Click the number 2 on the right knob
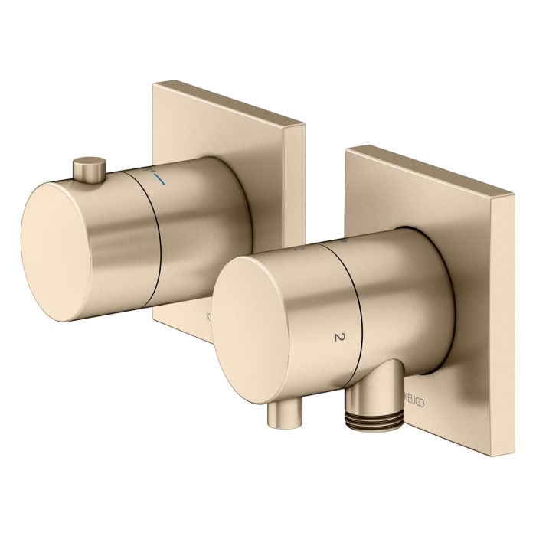tap(337, 336)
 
